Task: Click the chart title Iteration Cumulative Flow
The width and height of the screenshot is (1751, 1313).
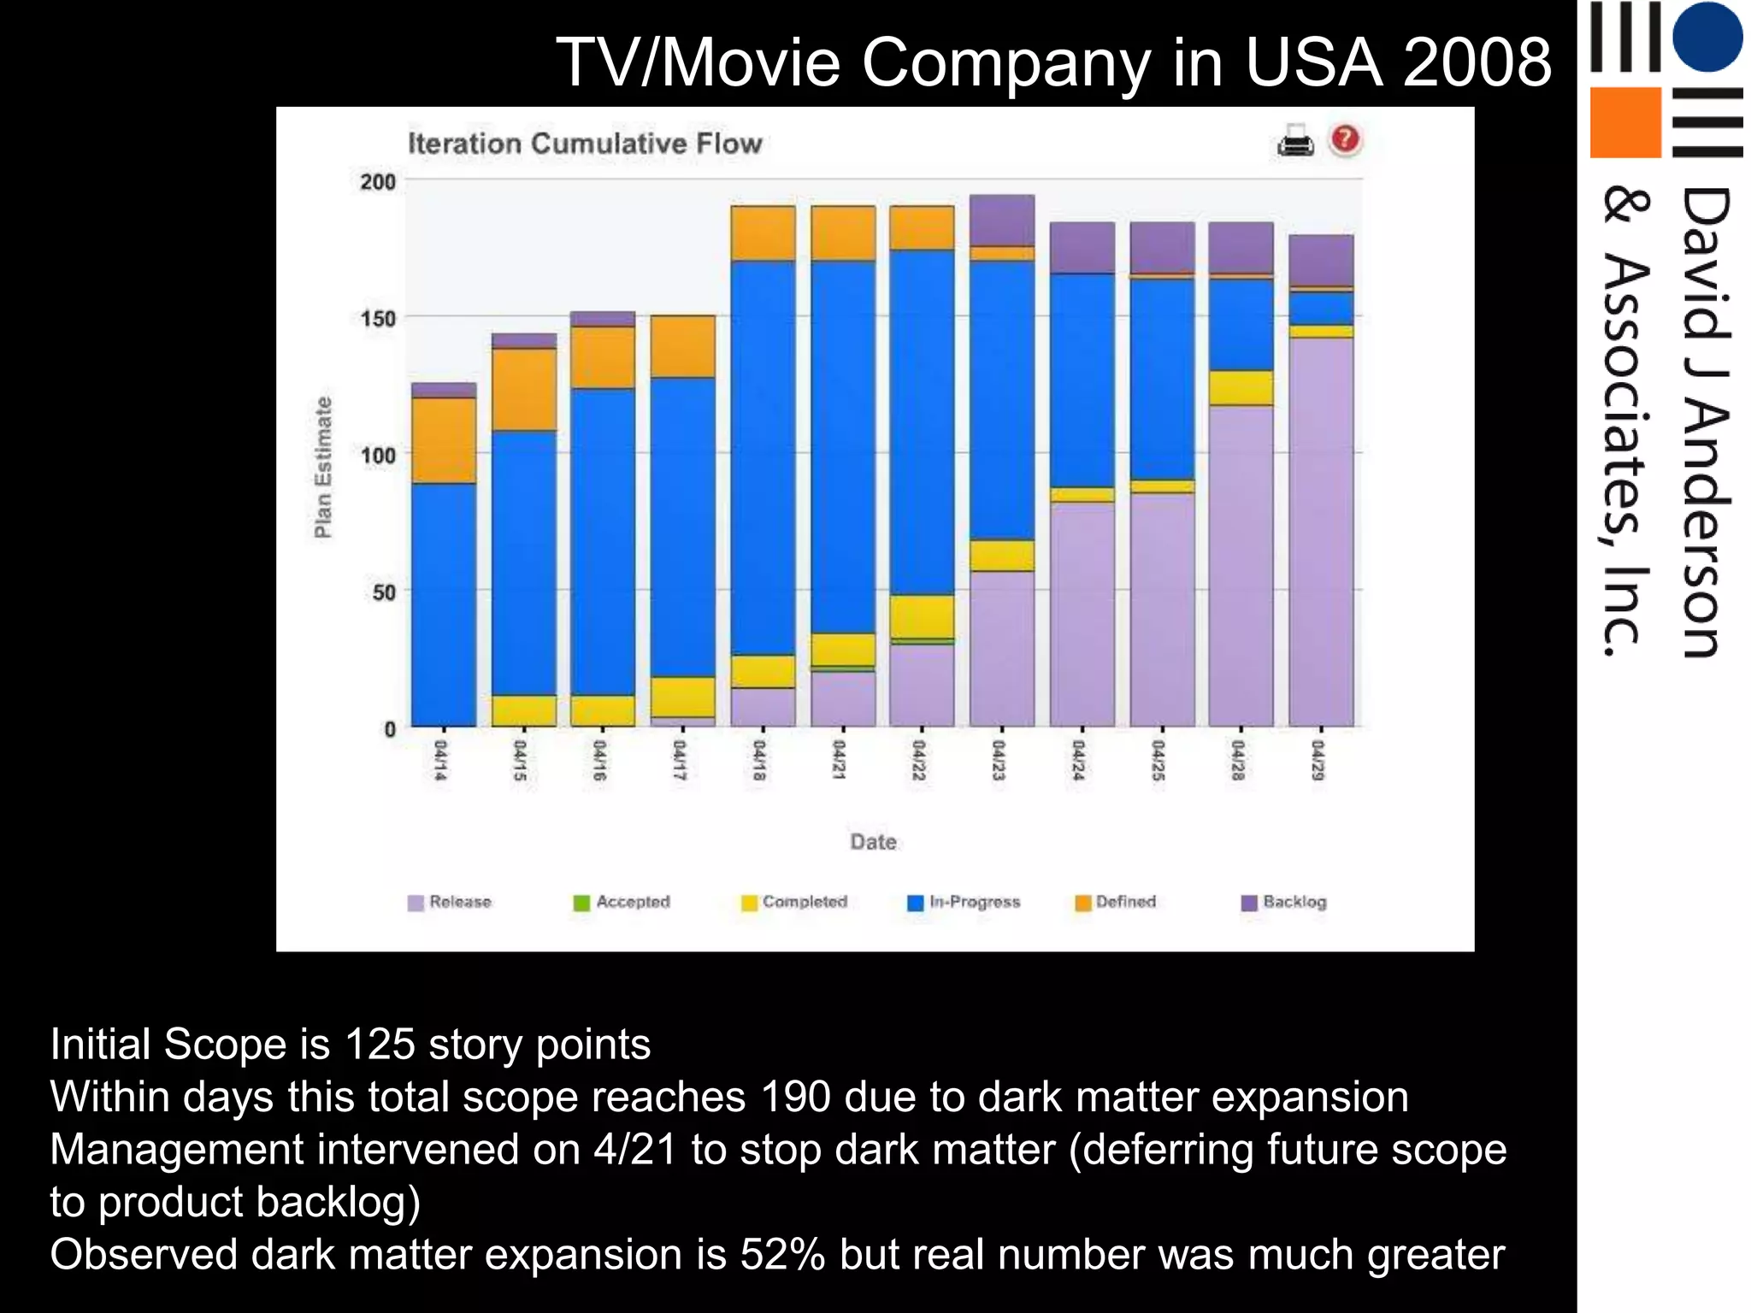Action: tap(585, 143)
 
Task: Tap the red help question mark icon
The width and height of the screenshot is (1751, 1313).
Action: tap(1345, 138)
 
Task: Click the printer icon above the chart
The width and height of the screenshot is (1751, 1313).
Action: tap(1295, 140)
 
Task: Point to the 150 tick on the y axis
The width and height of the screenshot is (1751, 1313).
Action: tap(377, 319)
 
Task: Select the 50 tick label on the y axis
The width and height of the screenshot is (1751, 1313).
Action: tap(384, 592)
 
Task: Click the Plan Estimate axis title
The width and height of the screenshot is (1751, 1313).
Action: tap(322, 467)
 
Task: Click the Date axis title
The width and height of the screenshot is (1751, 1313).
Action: tap(873, 842)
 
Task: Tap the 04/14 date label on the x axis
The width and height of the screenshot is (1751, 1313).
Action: tap(440, 760)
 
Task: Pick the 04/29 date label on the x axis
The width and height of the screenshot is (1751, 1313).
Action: tap(1318, 760)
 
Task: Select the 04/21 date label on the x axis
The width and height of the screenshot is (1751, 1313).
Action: tap(840, 760)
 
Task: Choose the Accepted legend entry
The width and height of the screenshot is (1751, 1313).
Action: tap(622, 902)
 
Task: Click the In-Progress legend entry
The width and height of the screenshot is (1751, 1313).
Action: tap(964, 902)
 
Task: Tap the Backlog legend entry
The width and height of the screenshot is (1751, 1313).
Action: tap(1284, 902)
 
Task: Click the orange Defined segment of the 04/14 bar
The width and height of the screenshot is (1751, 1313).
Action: tap(444, 440)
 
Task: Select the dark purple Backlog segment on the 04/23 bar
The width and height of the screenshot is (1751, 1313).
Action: tap(1002, 220)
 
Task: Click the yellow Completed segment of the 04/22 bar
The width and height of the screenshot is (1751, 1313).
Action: tap(922, 615)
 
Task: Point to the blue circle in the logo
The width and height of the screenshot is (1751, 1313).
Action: tap(1707, 37)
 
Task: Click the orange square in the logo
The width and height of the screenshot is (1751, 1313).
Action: tap(1625, 122)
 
